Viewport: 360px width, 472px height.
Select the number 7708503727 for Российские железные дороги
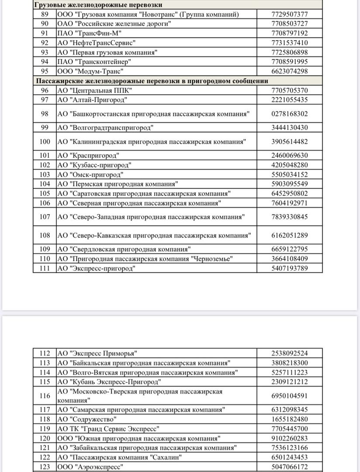[x=289, y=24]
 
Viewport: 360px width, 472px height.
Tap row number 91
[x=45, y=33]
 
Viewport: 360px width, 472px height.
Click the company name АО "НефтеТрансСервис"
[x=97, y=43]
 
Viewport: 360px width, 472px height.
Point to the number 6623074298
[x=289, y=71]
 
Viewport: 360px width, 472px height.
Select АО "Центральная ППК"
[x=95, y=90]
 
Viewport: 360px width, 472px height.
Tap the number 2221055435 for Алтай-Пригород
[x=289, y=100]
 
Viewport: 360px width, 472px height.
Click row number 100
[x=45, y=142]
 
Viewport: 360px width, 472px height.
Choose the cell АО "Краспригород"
[x=88, y=156]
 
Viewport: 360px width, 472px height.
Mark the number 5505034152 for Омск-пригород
[x=289, y=174]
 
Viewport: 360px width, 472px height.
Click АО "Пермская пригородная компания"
[x=117, y=184]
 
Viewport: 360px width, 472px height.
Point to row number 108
[x=45, y=236]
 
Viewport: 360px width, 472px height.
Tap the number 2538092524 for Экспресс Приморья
[x=289, y=353]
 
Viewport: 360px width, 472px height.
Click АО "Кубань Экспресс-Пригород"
[x=109, y=382]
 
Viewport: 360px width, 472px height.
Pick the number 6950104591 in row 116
[x=289, y=396]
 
